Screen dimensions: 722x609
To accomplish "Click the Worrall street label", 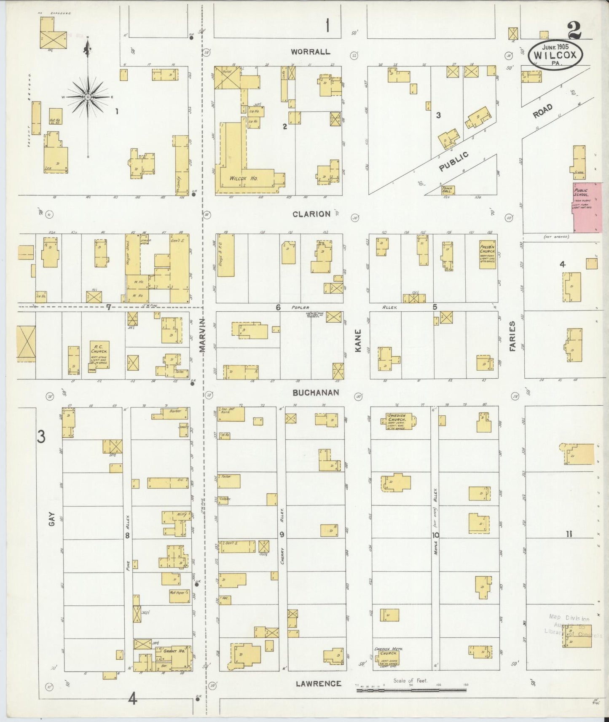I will tap(310, 52).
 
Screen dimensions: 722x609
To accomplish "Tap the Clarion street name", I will tap(311, 214).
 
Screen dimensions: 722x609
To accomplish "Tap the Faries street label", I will tap(512, 336).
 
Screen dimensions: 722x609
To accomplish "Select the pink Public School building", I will tap(587, 207).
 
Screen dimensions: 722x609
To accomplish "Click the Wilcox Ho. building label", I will tap(244, 178).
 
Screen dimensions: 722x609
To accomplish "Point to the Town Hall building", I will tap(448, 190).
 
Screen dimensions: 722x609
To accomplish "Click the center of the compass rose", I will tap(88, 97).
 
